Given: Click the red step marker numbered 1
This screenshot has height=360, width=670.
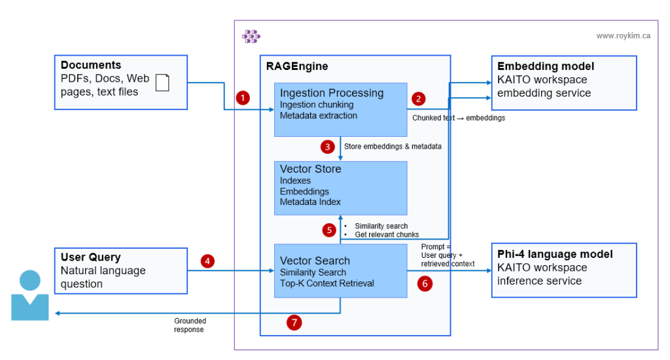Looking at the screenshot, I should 243,98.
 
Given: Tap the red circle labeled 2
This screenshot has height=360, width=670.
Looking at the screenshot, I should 419,99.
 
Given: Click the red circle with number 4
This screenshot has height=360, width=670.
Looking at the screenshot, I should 207,261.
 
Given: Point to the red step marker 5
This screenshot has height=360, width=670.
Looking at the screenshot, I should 329,230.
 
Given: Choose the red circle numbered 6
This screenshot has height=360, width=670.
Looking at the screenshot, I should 425,284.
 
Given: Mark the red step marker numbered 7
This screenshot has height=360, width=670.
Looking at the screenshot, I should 294,322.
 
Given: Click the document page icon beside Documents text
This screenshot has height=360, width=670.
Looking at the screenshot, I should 162,83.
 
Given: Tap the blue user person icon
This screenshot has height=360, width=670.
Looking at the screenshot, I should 30,295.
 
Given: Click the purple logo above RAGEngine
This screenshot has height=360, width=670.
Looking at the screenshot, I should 251,37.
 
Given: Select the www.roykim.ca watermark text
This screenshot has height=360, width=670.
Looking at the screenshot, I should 623,36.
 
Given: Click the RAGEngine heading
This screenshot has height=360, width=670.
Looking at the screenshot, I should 296,66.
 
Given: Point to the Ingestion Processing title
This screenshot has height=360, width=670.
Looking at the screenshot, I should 332,92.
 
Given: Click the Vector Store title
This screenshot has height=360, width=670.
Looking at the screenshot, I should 310,169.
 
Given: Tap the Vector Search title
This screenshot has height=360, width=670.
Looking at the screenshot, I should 315,261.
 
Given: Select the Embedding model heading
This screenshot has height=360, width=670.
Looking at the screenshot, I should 546,66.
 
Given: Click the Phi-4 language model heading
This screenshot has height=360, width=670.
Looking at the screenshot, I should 555,254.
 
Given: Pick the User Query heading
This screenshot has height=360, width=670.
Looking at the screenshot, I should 90,257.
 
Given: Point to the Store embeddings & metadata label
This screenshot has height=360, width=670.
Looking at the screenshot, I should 393,146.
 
